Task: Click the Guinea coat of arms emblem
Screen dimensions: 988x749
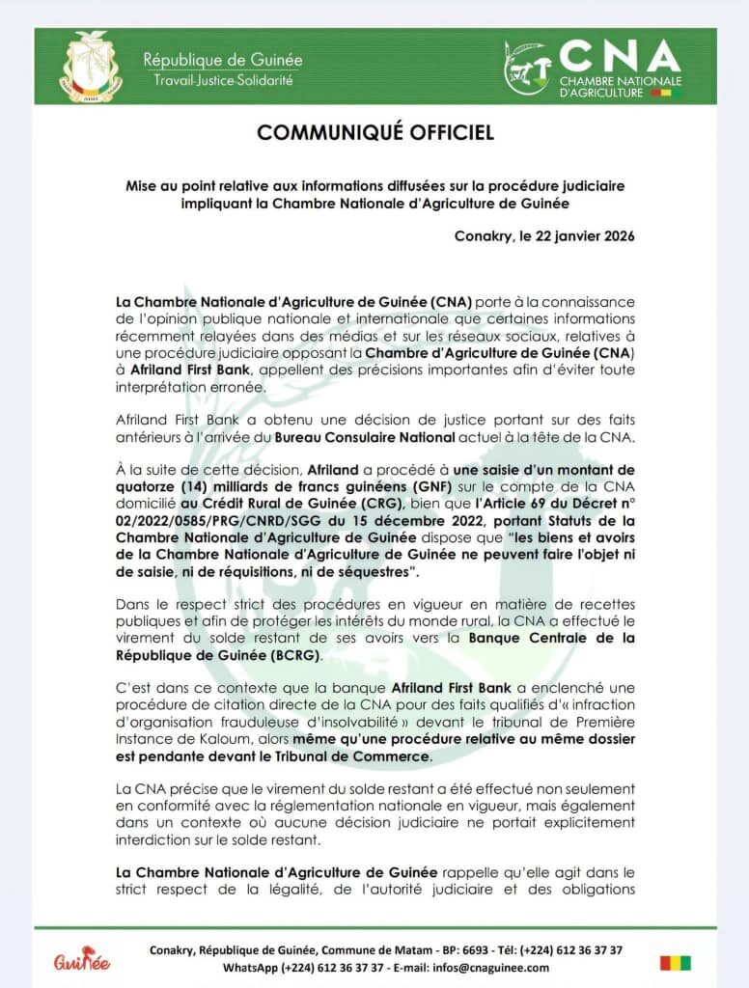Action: (92, 67)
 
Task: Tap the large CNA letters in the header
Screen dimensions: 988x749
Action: (620, 56)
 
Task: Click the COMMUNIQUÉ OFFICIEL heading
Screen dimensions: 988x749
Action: (375, 132)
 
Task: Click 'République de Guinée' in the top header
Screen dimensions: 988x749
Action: (223, 60)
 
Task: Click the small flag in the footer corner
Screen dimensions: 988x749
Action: (676, 962)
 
